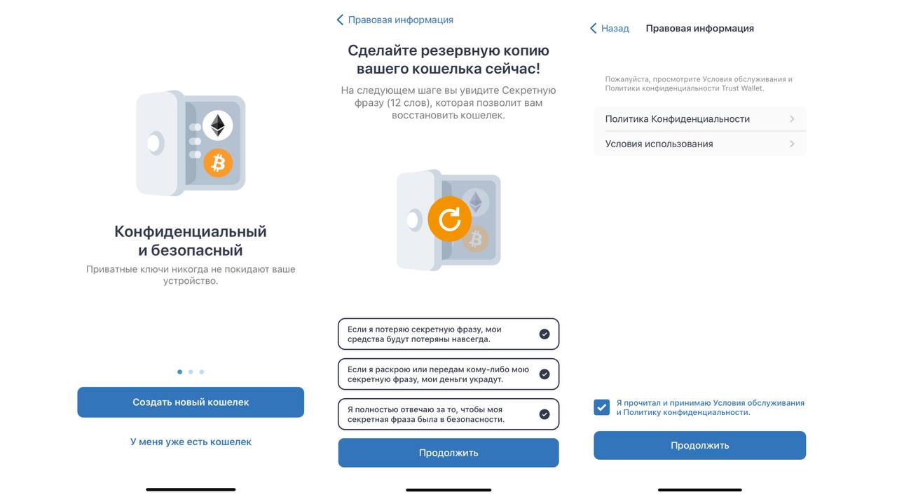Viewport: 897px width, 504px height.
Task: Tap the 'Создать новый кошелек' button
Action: pos(191,402)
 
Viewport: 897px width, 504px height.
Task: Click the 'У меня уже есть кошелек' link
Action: pos(191,442)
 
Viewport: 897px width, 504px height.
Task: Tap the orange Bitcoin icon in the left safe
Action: pos(218,163)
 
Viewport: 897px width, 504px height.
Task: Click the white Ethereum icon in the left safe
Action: pos(218,126)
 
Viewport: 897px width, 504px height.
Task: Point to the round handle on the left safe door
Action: pos(154,144)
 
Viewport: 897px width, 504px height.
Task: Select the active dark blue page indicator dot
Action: pos(180,372)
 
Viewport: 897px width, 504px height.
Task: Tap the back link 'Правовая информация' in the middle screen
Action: pos(395,20)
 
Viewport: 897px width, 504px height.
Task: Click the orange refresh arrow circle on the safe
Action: pos(449,219)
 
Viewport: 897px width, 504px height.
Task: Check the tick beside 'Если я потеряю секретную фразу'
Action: pos(545,334)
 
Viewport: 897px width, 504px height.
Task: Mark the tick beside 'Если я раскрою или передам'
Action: pos(545,374)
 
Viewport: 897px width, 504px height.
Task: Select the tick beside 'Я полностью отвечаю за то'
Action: pos(545,414)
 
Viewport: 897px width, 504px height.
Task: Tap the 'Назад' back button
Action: pos(609,29)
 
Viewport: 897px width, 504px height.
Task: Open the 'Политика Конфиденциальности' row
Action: pos(699,119)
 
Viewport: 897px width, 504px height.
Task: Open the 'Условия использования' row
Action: pos(699,144)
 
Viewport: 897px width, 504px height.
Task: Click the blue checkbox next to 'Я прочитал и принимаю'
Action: pos(602,407)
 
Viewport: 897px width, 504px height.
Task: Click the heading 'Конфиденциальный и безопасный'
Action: pos(191,240)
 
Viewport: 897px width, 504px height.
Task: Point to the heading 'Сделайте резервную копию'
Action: pos(448,60)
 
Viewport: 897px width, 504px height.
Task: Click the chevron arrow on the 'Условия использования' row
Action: pos(792,144)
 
